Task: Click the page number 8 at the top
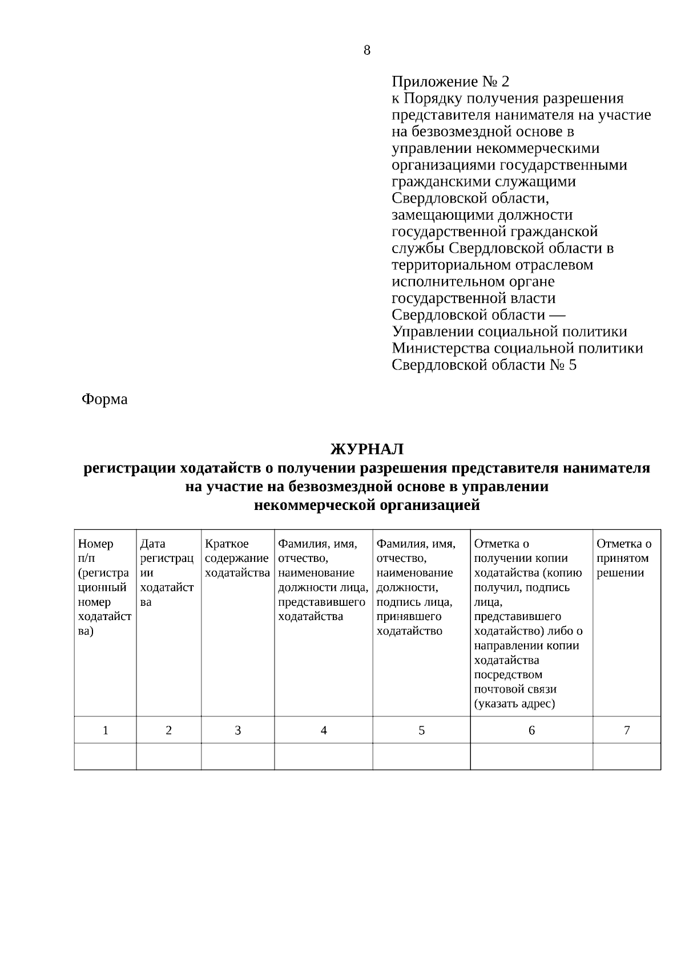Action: pos(366,50)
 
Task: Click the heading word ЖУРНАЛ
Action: pos(367,449)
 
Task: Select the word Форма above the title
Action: pos(104,399)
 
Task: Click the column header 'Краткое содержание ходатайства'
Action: pos(237,558)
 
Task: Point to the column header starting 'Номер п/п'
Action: pos(104,588)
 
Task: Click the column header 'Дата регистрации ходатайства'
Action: pos(167,573)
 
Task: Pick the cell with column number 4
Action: pos(324,730)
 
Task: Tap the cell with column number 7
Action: pos(627,730)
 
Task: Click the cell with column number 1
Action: pos(105,730)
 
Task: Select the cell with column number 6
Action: pos(531,730)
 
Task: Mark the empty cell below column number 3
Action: pos(237,756)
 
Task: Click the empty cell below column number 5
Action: pos(421,756)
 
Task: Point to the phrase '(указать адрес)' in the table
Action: pos(514,704)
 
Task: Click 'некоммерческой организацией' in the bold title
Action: pos(366,505)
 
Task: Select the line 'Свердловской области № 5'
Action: pos(484,365)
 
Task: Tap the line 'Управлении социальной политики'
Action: pos(509,332)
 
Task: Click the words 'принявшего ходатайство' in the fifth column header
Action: pos(409,624)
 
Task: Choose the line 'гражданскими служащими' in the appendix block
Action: pos(483,182)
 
